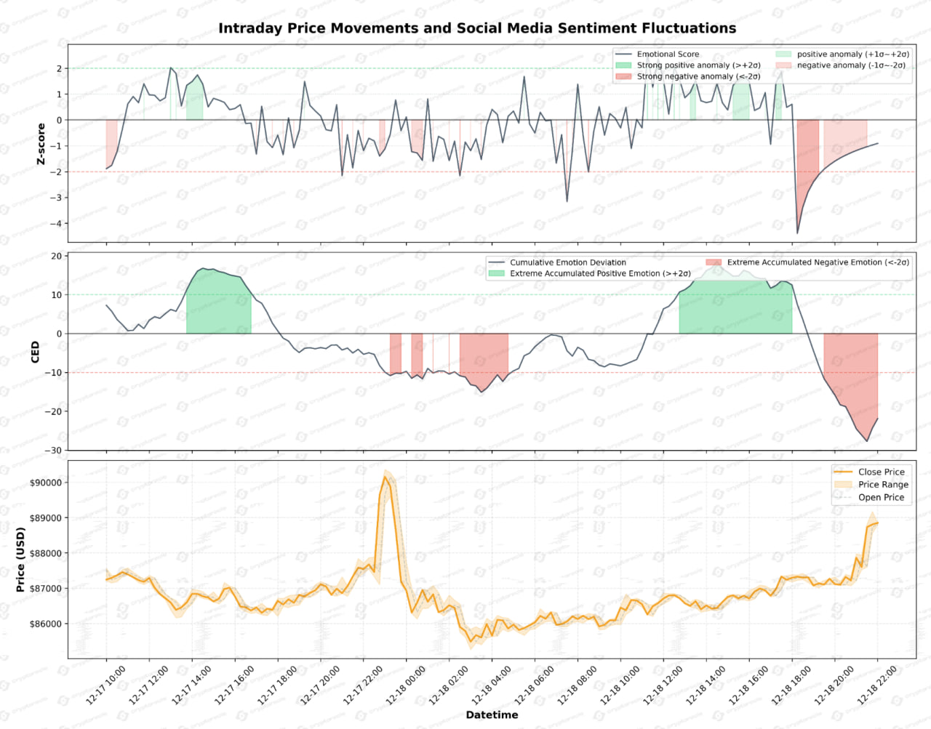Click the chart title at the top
tap(477, 28)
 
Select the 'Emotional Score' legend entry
tap(667, 55)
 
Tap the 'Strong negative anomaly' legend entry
tap(698, 76)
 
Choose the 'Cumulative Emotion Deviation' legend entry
tap(567, 262)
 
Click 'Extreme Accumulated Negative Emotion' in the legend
tap(818, 262)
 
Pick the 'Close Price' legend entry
tap(881, 472)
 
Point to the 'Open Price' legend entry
tap(881, 497)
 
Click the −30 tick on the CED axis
tap(54, 451)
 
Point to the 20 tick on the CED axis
tap(56, 256)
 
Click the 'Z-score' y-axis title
tap(41, 144)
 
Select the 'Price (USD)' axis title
tap(20, 560)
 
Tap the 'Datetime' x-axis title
tap(492, 714)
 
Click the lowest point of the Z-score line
tap(797, 233)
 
